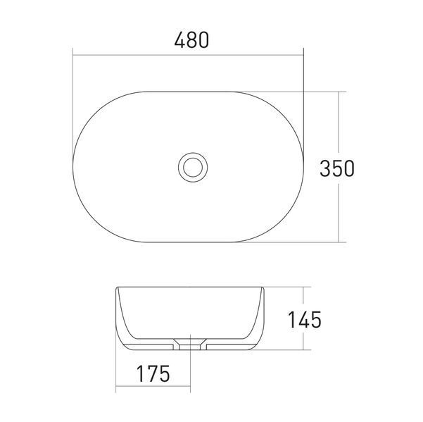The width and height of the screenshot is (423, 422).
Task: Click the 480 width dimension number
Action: coord(191,40)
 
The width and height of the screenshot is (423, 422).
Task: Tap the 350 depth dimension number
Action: coord(337,168)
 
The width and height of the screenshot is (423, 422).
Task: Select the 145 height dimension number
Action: coord(305,319)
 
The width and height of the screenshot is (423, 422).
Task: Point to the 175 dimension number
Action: coord(153,373)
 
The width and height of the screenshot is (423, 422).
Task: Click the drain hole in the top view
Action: coord(193,167)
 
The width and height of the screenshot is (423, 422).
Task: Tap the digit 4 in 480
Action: coord(179,40)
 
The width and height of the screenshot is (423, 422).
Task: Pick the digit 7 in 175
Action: coord(153,373)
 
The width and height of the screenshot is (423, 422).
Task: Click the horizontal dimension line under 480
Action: coord(189,55)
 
